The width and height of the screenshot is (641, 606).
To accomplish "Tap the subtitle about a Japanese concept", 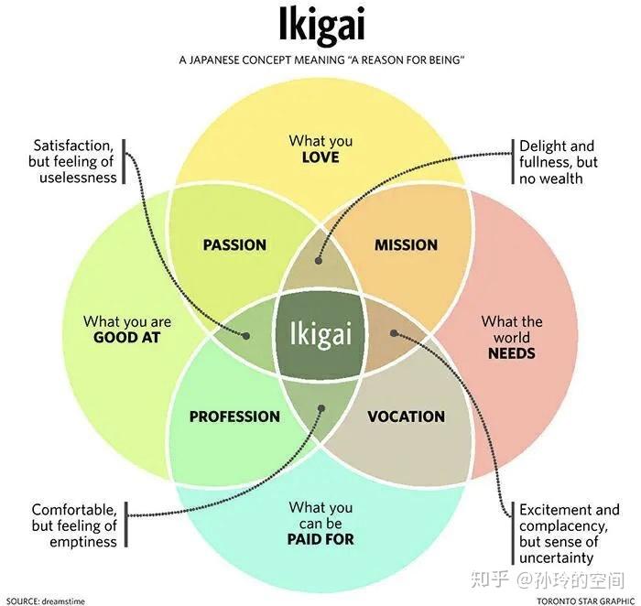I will (320, 60).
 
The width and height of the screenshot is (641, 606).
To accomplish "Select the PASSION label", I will (234, 244).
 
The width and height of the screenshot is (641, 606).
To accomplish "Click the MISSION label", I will (406, 244).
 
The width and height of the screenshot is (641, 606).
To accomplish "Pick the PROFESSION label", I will (234, 417).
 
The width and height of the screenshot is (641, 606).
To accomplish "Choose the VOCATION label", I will (406, 417).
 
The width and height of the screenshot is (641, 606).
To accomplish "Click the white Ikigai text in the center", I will (320, 332).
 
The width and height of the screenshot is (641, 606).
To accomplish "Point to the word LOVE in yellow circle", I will (320, 157).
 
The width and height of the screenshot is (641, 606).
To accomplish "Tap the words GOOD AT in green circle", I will (127, 337).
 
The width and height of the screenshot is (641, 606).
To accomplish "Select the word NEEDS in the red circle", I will (511, 353).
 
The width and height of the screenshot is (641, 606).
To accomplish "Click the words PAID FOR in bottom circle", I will (320, 539).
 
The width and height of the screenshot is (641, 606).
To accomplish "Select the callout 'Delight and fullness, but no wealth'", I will (559, 162).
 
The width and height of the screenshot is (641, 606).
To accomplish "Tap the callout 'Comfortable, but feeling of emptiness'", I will (74, 525).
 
